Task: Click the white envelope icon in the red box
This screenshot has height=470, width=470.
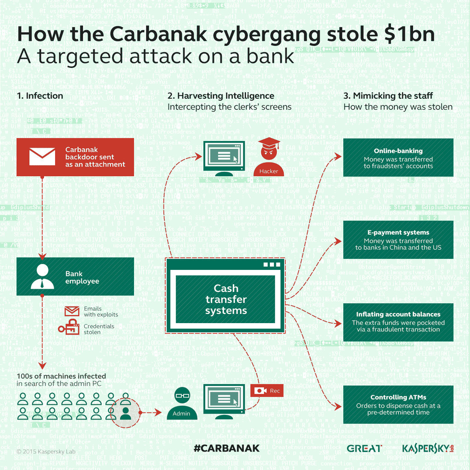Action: click(42, 157)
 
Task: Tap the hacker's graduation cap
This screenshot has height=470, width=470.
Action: click(269, 145)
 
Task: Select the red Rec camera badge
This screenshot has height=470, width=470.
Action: click(267, 391)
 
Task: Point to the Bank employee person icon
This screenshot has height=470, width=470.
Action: click(42, 276)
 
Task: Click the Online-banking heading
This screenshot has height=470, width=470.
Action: click(398, 151)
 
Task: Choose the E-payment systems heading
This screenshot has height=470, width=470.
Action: click(398, 233)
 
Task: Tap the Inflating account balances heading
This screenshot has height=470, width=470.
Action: click(398, 314)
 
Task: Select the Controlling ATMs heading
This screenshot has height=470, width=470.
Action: click(398, 397)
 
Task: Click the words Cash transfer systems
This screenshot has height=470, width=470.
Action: click(226, 299)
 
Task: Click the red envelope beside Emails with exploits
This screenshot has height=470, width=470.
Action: click(72, 311)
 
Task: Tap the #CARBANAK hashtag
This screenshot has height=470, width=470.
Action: click(226, 448)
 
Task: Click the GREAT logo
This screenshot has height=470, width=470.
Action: click(364, 448)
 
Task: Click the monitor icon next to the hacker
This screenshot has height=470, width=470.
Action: click(224, 158)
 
